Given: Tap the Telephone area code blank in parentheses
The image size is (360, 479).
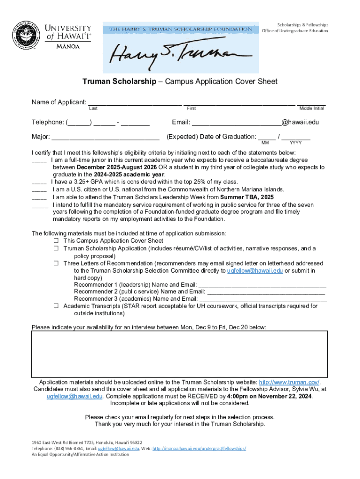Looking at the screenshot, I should (79, 123).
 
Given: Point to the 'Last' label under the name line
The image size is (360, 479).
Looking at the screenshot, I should (93, 109).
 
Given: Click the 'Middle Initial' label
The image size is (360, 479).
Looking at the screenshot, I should (311, 109).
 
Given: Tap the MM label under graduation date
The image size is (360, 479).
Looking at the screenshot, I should (265, 143).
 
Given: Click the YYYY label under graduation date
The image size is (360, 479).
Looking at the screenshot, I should (295, 143).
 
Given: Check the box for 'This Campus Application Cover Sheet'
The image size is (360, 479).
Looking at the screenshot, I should (56, 241).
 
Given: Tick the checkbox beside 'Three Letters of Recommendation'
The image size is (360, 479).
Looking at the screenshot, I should (56, 263).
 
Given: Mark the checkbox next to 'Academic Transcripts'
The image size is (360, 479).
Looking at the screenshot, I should (56, 306).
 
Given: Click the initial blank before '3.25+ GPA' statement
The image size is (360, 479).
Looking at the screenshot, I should (39, 182).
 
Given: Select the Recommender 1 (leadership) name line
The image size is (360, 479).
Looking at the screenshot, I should (262, 285).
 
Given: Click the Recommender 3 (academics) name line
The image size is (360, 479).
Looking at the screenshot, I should (263, 299).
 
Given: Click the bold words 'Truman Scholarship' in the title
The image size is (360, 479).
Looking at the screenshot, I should (126, 82).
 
